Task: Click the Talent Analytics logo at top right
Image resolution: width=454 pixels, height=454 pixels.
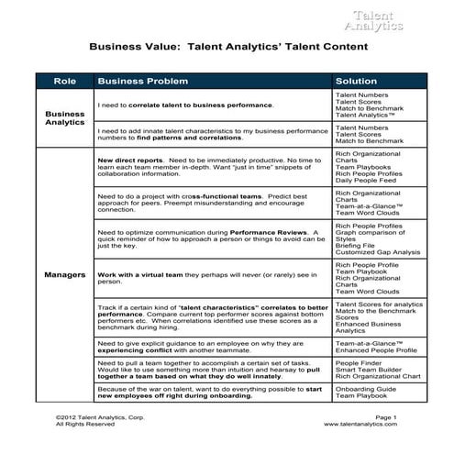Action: (378, 20)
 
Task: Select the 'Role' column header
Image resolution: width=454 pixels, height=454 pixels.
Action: (64, 81)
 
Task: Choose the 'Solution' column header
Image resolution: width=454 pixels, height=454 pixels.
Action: (357, 81)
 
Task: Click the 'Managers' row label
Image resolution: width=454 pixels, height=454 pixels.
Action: (64, 274)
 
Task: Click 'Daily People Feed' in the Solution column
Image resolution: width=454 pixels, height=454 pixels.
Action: (365, 181)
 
